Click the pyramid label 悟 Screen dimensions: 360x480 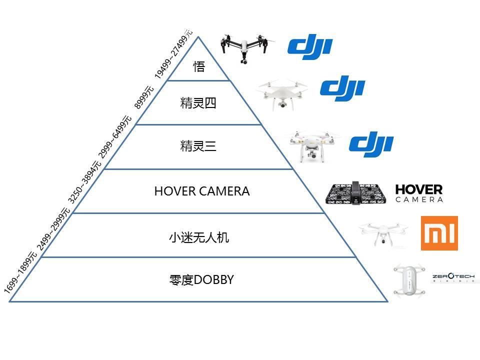tap(199, 67)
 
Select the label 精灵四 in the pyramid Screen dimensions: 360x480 tap(198, 103)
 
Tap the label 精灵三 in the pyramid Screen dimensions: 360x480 tap(198, 147)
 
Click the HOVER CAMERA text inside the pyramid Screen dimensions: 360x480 tap(201, 191)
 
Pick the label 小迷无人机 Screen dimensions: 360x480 tap(199, 237)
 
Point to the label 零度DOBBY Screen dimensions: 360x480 tap(201, 280)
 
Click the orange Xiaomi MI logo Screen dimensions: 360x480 tap(439, 233)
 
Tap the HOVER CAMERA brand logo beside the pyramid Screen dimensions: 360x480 tap(419, 193)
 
